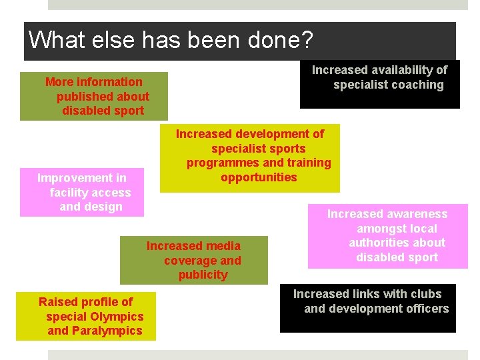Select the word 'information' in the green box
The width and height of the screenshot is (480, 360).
click(109, 82)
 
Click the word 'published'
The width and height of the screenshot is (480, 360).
click(84, 97)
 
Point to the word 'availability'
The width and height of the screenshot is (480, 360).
click(397, 70)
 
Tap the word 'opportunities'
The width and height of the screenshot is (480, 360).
click(259, 177)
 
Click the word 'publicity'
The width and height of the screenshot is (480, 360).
click(203, 275)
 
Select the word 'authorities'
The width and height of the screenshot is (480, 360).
click(377, 243)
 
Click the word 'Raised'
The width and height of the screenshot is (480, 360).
click(56, 302)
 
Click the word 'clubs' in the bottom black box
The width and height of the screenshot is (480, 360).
click(426, 294)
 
